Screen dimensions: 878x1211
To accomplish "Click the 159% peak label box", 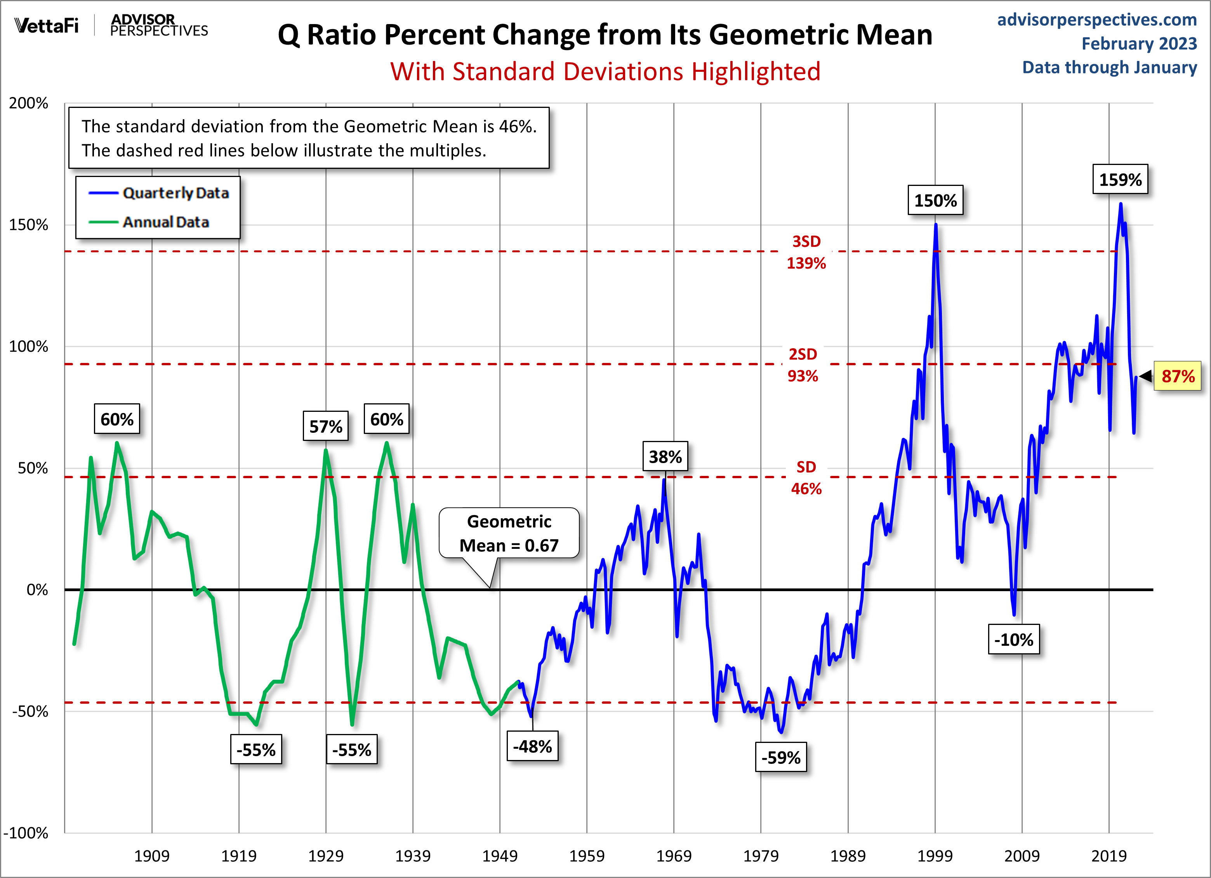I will pyautogui.click(x=1120, y=179).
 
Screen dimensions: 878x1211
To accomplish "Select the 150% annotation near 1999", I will pyautogui.click(x=935, y=201).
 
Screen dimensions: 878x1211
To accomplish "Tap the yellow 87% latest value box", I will pyautogui.click(x=1177, y=376).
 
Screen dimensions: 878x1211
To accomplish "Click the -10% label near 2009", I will pyautogui.click(x=1013, y=639).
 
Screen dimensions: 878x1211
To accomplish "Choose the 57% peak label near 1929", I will pyautogui.click(x=325, y=427).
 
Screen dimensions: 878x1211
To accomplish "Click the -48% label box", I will pyautogui.click(x=532, y=746).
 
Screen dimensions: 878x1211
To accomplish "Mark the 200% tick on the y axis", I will pyautogui.click(x=28, y=103).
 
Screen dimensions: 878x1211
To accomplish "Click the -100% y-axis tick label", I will pyautogui.click(x=26, y=833).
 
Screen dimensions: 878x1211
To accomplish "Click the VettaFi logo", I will pyautogui.click(x=47, y=25).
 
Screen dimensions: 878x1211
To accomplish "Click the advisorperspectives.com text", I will pyautogui.click(x=1097, y=20).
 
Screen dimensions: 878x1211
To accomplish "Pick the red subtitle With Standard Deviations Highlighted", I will pyautogui.click(x=605, y=71).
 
